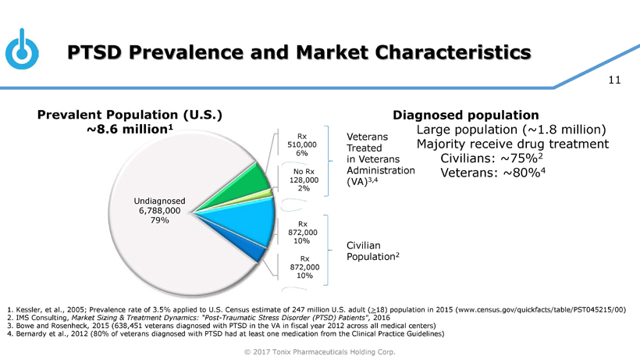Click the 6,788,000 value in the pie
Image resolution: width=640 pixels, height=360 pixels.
tap(160, 210)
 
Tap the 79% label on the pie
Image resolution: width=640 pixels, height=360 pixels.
tap(160, 220)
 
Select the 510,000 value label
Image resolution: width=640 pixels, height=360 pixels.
tap(302, 144)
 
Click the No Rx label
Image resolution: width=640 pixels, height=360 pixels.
tap(304, 172)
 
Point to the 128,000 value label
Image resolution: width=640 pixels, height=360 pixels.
tap(302, 180)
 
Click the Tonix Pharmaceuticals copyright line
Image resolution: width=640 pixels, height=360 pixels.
tap(320, 351)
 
